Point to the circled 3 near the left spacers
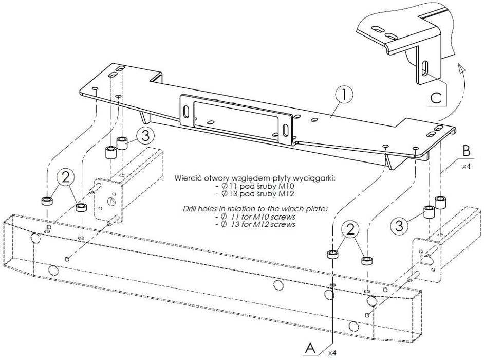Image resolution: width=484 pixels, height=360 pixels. click(145, 136)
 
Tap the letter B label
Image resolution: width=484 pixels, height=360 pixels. click(467, 151)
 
